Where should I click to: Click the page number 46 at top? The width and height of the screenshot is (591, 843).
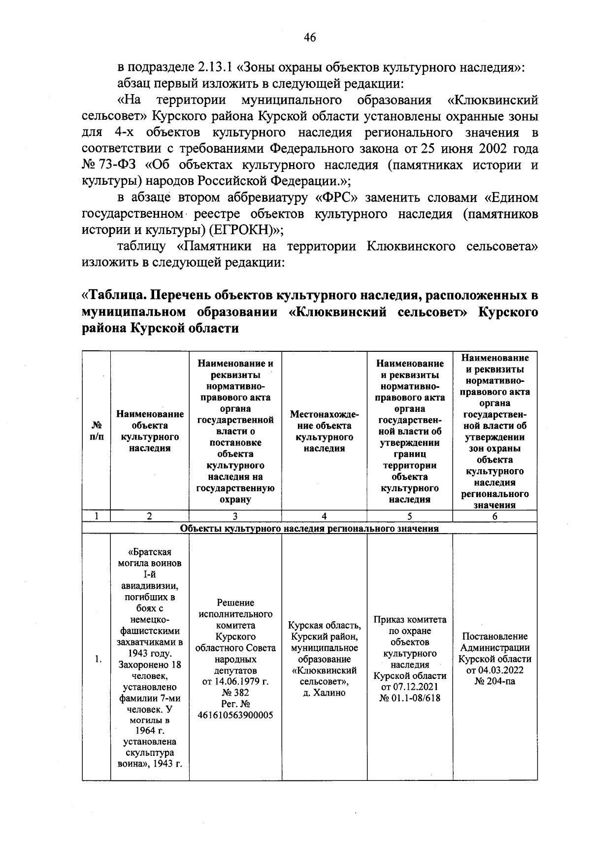(x=310, y=38)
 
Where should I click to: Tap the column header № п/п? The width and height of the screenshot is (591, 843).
(x=97, y=431)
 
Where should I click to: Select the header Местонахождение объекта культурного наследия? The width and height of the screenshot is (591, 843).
(x=324, y=431)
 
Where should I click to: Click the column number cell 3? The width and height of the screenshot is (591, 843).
(x=235, y=516)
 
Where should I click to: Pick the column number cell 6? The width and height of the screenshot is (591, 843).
(x=494, y=516)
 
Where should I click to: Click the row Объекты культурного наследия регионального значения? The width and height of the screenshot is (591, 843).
(x=309, y=529)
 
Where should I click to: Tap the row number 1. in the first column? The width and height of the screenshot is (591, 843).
(x=98, y=659)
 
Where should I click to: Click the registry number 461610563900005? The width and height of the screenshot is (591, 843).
(x=235, y=715)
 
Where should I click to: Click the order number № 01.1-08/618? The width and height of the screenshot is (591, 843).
(x=410, y=698)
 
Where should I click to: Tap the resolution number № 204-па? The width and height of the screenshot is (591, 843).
(x=494, y=681)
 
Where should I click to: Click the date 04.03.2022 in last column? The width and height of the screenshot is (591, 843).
(x=494, y=670)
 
